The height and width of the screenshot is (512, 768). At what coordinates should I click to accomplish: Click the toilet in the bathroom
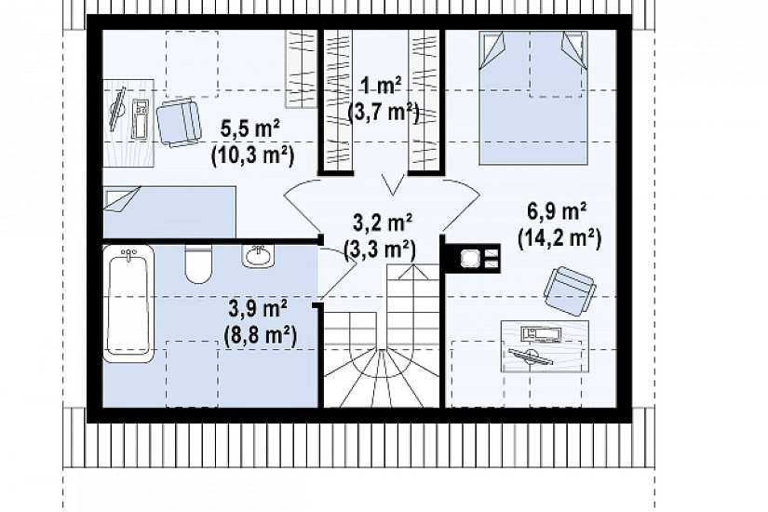point(198,264)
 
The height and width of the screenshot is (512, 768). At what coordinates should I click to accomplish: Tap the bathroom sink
point(258,256)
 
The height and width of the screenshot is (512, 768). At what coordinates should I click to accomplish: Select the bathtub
point(128,303)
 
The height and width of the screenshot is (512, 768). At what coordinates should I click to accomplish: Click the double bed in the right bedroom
point(533,98)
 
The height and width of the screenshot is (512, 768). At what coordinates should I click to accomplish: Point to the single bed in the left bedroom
point(169,211)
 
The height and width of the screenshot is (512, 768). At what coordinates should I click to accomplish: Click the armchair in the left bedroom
point(179,123)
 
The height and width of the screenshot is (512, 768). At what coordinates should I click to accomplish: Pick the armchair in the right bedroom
point(569,291)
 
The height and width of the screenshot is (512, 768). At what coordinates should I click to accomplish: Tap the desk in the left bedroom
point(128,123)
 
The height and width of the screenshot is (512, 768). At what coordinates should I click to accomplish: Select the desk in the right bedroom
point(545,346)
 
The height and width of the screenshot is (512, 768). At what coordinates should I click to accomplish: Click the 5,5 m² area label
point(250,128)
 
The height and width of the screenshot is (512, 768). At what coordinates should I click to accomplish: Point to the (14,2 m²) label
point(559,239)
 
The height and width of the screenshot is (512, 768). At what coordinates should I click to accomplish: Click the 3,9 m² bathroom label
point(258,309)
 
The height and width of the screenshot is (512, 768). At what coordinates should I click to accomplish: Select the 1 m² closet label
point(381,86)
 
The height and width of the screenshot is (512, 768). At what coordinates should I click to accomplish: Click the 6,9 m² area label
point(558,211)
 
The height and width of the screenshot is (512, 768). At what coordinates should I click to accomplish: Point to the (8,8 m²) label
point(260,336)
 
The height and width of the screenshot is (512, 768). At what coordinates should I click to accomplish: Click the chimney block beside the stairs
point(472,258)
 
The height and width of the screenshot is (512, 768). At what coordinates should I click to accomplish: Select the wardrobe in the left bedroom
point(302,69)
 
